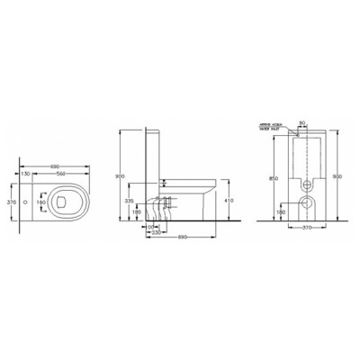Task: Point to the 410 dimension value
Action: click(x=229, y=202)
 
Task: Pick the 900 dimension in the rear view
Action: click(x=338, y=175)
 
